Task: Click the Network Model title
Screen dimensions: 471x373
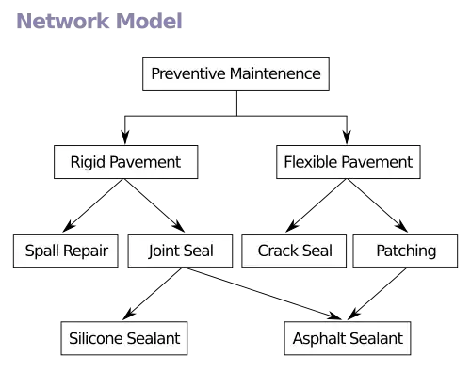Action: point(99,21)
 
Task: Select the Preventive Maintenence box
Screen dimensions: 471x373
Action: point(235,74)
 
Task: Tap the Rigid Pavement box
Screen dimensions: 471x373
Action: point(126,162)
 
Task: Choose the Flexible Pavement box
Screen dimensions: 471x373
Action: point(349,162)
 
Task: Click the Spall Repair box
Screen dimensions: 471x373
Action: point(66,251)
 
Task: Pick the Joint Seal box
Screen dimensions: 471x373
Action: point(180,251)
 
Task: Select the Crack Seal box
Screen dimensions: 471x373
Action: point(294,251)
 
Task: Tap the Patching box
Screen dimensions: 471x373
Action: point(405,251)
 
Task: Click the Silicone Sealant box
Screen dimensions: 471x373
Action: point(124,338)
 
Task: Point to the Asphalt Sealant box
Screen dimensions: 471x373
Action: point(348,338)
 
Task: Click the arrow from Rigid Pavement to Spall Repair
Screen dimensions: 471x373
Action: point(92,205)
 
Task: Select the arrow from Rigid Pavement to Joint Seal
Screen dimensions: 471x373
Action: point(154,205)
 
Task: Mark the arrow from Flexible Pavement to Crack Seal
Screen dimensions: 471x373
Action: point(316,205)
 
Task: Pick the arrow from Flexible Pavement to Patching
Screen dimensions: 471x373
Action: point(378,205)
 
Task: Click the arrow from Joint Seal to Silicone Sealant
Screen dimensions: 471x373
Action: point(153,294)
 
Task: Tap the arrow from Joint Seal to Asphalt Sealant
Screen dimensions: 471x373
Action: point(263,294)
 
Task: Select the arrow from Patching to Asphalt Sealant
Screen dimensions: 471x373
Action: point(377,294)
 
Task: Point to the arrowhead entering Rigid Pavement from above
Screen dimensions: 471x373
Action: point(125,137)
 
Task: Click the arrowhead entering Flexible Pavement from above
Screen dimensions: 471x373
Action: point(347,137)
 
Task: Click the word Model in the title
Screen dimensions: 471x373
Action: point(149,21)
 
